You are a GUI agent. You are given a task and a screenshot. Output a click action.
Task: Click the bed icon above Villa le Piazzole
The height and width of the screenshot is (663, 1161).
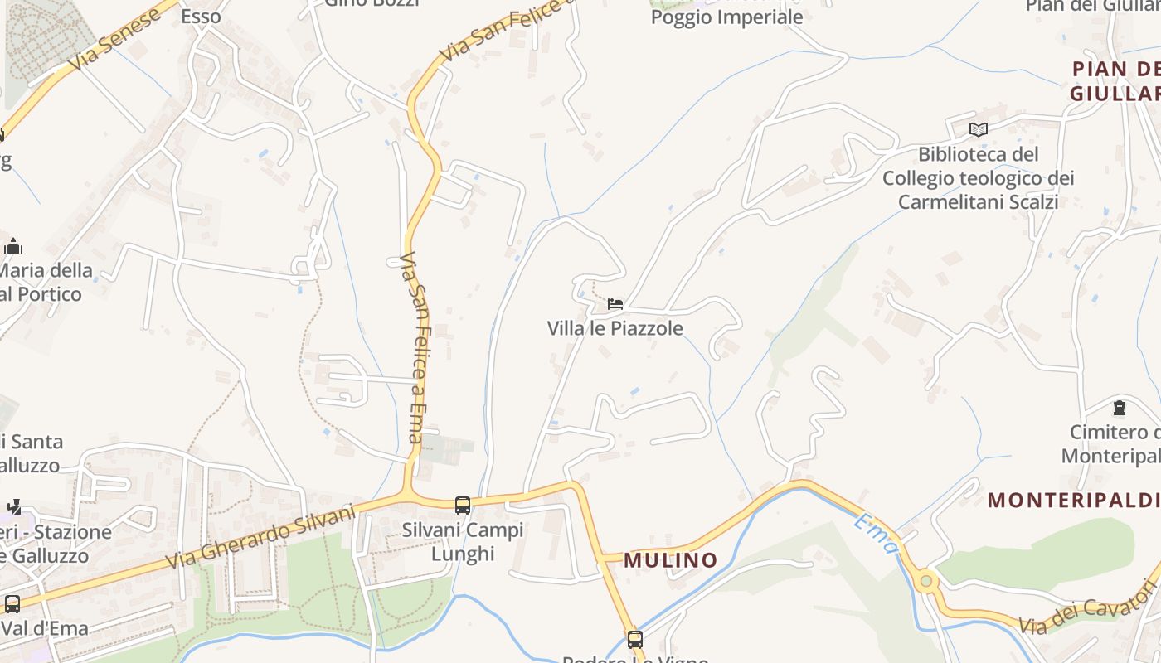[615, 304]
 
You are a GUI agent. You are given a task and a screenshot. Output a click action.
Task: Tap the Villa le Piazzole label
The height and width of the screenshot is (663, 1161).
[615, 328]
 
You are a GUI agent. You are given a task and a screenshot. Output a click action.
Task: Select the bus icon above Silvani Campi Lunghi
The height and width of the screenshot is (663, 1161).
[463, 505]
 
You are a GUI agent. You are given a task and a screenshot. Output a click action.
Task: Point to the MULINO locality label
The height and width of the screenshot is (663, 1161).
[670, 560]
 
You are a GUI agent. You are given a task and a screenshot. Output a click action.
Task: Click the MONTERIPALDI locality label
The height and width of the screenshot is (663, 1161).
[1073, 501]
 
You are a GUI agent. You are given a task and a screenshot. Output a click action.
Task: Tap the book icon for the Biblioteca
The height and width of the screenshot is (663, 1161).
[979, 129]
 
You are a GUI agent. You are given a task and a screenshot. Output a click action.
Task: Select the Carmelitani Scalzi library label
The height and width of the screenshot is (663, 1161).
[979, 178]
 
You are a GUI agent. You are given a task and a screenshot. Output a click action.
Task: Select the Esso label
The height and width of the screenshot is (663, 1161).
[202, 16]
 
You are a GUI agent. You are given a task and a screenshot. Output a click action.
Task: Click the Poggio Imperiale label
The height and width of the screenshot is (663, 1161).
[726, 17]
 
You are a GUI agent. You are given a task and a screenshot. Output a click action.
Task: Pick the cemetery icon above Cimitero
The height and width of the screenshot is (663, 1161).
[1120, 408]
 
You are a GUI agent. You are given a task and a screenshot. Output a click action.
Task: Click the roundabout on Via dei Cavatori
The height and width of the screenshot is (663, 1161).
[926, 582]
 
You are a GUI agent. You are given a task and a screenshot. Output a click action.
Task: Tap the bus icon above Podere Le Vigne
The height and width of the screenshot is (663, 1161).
[635, 639]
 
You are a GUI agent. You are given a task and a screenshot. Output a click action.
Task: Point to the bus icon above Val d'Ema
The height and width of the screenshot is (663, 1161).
[12, 603]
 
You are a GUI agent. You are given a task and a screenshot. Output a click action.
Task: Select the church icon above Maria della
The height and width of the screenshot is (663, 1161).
[13, 246]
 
